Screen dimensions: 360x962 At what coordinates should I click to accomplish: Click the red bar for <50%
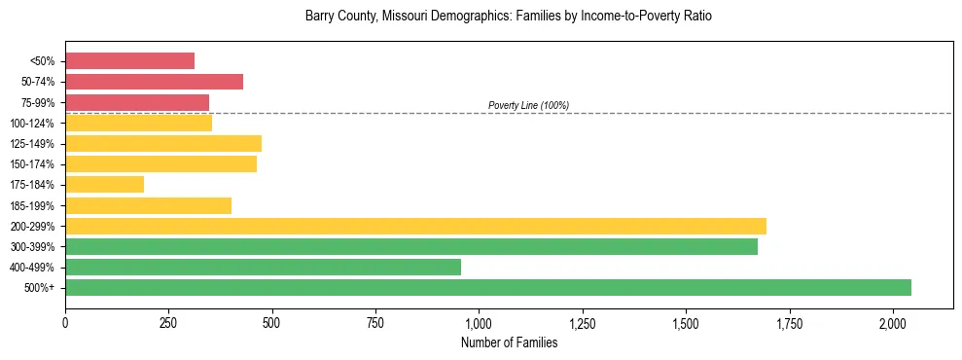(x=129, y=61)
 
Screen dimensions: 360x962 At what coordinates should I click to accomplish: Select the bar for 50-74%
(x=154, y=82)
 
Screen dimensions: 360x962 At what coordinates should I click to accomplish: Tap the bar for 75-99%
(x=137, y=102)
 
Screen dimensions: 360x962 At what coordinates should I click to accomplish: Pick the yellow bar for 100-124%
(x=138, y=123)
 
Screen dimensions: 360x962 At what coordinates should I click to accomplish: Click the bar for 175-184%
(x=104, y=184)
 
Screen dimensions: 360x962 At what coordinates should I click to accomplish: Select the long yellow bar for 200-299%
(x=415, y=226)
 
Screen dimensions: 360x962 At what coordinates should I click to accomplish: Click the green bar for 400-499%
(x=263, y=267)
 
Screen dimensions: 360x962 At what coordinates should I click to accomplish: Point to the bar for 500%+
(x=487, y=287)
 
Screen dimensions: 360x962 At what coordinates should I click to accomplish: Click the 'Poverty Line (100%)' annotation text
(x=528, y=105)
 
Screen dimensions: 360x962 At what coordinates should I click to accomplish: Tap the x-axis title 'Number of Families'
(x=509, y=342)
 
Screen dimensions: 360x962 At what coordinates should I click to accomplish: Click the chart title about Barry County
(x=509, y=17)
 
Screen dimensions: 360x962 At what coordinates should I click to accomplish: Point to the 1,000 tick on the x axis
(x=479, y=322)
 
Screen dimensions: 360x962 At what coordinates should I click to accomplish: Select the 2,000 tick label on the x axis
(x=893, y=322)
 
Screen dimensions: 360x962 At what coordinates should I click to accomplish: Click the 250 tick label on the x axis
(x=168, y=322)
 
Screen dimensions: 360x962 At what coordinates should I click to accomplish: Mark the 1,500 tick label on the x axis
(x=686, y=322)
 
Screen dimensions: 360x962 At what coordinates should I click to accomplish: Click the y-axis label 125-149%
(x=32, y=144)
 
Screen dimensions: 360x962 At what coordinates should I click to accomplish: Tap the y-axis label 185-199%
(x=32, y=205)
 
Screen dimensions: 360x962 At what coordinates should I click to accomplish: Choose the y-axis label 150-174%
(x=32, y=164)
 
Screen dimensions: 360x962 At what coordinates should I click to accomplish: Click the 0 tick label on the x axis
(x=65, y=322)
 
